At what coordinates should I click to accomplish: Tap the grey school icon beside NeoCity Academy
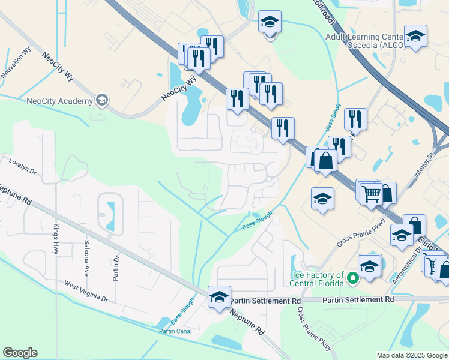tap(102, 99)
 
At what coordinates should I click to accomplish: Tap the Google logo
tap(20, 353)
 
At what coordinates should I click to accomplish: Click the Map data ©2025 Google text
tap(412, 355)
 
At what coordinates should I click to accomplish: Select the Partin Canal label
tap(175, 331)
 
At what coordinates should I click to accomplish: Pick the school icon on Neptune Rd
tap(219, 296)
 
